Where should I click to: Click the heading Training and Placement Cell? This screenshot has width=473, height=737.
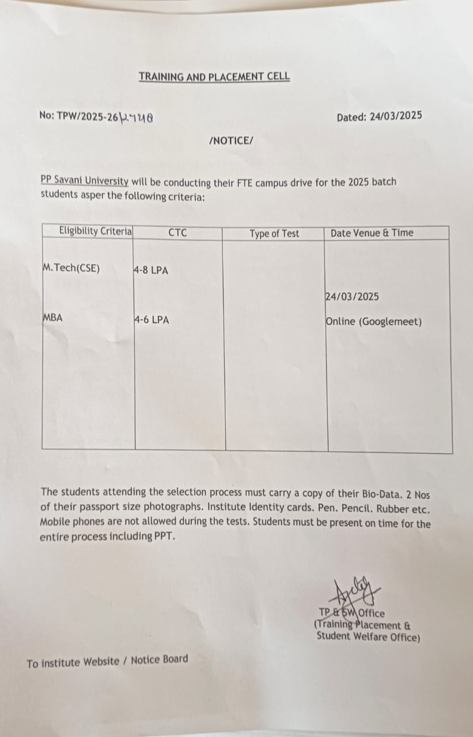[x=214, y=76]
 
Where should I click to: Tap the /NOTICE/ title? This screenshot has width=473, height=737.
[x=231, y=140]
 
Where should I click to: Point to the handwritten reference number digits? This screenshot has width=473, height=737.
[x=136, y=117]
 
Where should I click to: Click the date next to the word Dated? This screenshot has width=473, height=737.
[x=395, y=116]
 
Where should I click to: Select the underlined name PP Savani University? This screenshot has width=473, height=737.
[x=84, y=181]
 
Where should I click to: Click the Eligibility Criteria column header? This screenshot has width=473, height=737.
[x=95, y=231]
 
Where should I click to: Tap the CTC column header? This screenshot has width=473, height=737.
[x=177, y=233]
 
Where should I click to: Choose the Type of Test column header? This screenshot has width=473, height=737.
[x=274, y=234]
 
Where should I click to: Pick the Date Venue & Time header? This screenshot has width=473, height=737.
[x=372, y=233]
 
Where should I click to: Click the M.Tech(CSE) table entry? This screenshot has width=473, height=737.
[x=71, y=268]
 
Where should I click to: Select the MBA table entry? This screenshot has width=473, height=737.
[x=52, y=317]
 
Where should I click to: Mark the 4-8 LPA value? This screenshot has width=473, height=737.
[x=151, y=271]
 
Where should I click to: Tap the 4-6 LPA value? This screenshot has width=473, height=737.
[x=152, y=320]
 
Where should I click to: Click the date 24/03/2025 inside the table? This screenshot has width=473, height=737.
[x=352, y=297]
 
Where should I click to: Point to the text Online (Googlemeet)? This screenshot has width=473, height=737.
[x=373, y=322]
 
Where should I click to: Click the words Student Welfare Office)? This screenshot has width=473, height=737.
[x=368, y=637]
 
